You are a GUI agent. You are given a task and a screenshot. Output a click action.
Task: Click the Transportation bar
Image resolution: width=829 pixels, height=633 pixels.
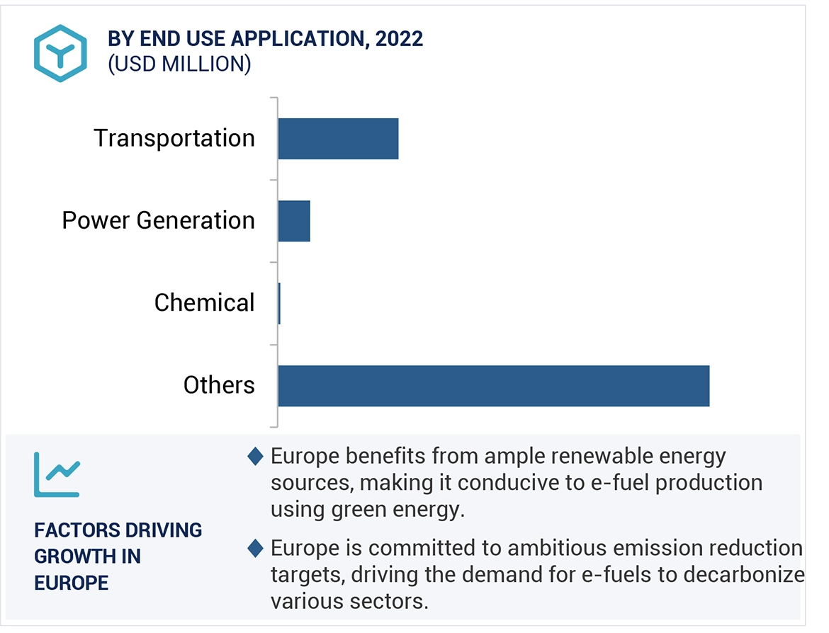coord(338,139)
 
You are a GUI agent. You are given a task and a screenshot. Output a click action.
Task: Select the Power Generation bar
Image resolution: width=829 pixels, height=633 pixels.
coord(294,221)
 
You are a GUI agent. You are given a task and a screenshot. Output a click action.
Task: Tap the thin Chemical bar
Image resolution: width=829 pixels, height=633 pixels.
coord(279,304)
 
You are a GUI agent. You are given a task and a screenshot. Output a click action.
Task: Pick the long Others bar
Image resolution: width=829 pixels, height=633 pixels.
coord(493,386)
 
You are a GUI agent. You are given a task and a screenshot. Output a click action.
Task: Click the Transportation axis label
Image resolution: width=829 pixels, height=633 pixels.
coord(174,138)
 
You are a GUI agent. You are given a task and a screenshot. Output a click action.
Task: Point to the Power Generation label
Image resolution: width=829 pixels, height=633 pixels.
coord(158,221)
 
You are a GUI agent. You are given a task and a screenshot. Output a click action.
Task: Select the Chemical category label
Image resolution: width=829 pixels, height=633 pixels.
coord(204,303)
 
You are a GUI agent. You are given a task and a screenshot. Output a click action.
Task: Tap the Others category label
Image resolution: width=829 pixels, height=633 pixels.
coord(219,385)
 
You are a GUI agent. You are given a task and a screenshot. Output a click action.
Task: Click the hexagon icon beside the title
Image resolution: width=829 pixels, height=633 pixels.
coord(60,53)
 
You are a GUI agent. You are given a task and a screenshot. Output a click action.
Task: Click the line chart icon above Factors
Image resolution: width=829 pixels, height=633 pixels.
coord(57,474)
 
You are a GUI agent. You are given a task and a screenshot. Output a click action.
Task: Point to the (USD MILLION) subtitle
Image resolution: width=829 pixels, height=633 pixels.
coord(179,64)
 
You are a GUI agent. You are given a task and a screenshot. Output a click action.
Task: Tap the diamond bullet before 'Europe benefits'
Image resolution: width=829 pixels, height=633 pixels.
coord(255,457)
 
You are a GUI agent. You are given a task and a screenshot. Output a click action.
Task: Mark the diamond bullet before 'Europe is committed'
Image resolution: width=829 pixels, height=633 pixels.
coord(255,548)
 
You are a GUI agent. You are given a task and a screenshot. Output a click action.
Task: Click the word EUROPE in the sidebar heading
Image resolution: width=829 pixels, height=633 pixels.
coord(71,583)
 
